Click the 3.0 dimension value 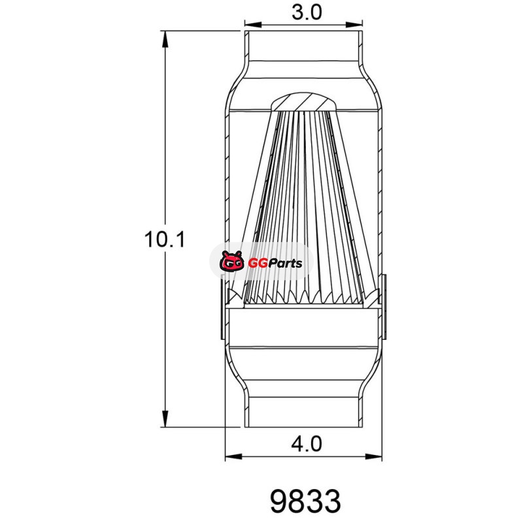307,12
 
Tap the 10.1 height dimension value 165,239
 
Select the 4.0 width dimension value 307,444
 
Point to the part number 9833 305,501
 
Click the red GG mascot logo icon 231,261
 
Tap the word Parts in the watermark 285,263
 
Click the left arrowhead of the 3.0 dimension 253,24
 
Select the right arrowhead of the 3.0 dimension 354,24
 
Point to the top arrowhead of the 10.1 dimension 165,39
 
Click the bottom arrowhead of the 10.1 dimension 165,418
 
